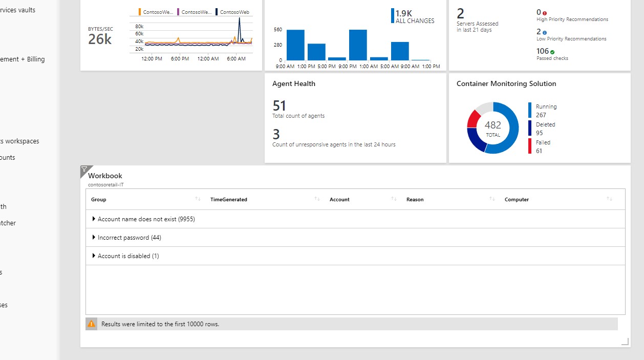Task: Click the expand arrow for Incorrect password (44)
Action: click(94, 238)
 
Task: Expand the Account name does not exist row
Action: click(94, 219)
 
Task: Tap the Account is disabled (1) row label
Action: click(128, 256)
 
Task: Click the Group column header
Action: click(99, 200)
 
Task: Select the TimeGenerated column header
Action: click(229, 200)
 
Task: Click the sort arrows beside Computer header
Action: click(609, 199)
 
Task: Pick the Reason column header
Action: click(415, 200)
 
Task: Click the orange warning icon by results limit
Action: click(91, 324)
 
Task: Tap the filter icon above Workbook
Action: click(85, 170)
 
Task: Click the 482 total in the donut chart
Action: click(493, 125)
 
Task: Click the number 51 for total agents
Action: click(280, 106)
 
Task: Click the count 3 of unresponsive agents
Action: click(276, 135)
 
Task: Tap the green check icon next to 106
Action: click(552, 52)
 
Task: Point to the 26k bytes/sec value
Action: click(100, 39)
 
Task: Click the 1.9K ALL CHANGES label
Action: click(414, 16)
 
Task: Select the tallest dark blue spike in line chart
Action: click(239, 20)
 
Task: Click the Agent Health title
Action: click(294, 83)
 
